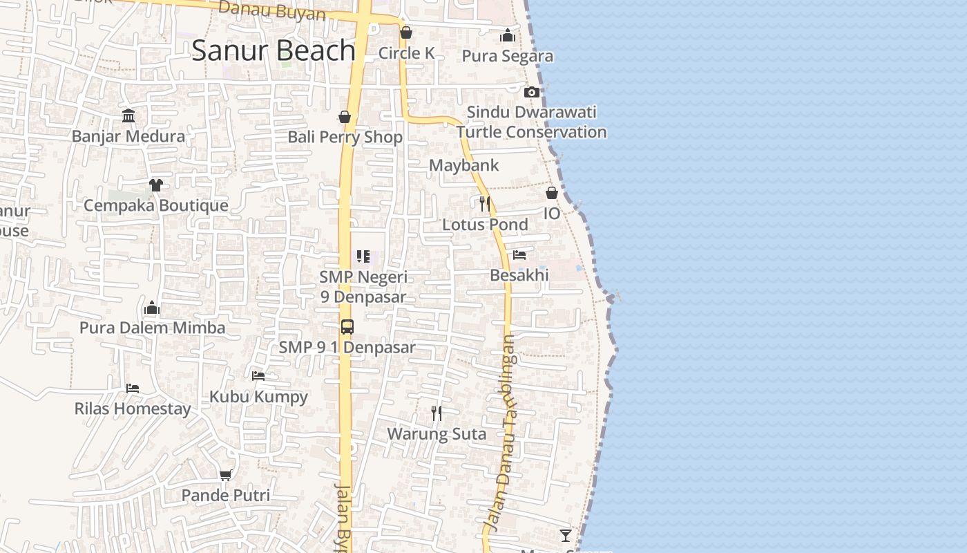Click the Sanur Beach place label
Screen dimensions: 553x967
(274, 50)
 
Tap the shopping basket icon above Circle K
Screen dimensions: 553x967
(406, 32)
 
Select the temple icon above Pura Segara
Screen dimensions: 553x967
(508, 35)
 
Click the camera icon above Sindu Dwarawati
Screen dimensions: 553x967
(531, 92)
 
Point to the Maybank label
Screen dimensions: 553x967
(463, 166)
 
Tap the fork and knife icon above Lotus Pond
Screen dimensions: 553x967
(485, 203)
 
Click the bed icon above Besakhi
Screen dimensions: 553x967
(519, 255)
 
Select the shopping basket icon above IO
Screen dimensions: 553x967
(552, 193)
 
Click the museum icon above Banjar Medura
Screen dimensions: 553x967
(128, 115)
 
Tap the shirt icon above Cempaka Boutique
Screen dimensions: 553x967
(155, 185)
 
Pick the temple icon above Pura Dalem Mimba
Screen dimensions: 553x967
(152, 308)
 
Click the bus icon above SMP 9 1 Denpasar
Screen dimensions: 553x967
(347, 327)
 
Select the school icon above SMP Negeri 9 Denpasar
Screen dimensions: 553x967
(363, 256)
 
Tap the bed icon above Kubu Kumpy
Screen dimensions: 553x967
(258, 376)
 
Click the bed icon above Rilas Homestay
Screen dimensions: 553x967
(133, 388)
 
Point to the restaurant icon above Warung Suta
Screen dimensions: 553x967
(437, 413)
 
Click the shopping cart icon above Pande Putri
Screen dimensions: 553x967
(225, 475)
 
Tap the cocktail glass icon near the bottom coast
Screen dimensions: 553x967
(566, 535)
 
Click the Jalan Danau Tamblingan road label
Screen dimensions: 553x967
(504, 432)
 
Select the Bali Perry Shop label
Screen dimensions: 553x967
(345, 137)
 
